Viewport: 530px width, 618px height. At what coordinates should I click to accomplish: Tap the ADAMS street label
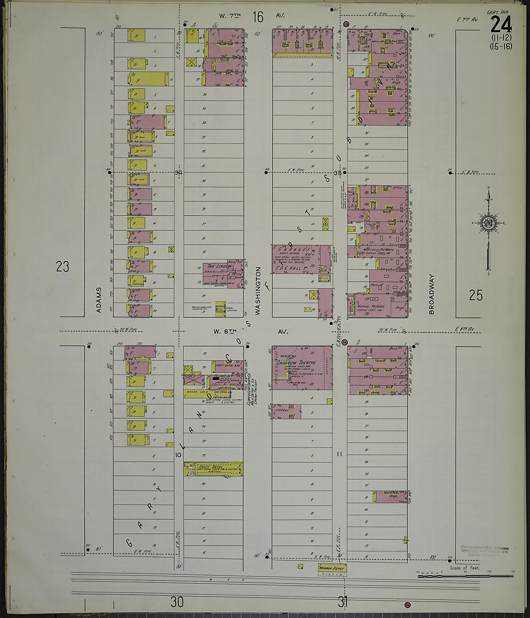point(99,300)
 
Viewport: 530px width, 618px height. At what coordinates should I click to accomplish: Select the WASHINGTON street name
point(258,291)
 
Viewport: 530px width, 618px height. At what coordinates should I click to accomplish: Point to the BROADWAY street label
point(431,294)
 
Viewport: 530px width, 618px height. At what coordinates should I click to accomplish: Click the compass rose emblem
point(487,223)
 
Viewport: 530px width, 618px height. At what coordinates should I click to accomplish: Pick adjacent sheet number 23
point(63,267)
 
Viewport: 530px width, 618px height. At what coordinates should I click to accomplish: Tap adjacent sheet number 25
point(476,295)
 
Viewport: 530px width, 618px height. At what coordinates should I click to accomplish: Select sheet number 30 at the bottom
point(177,601)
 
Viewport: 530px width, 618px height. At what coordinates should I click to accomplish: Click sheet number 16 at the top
point(258,18)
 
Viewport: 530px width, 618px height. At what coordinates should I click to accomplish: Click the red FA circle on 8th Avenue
point(345,342)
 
